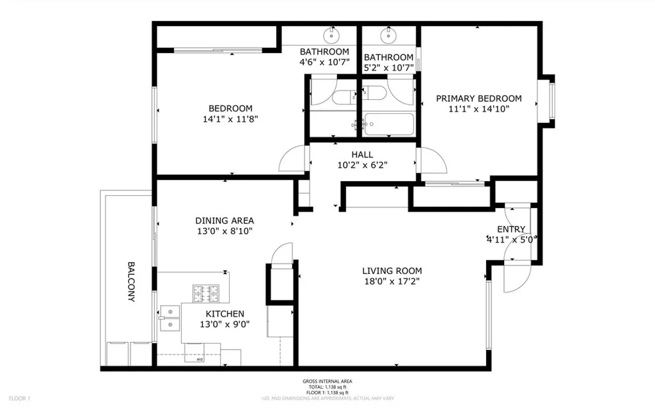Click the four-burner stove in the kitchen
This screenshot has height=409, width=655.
coord(206,294)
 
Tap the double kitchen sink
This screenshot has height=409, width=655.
coord(170,318)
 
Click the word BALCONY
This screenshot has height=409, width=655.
coord(131,282)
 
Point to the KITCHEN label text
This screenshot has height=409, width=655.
coord(225,314)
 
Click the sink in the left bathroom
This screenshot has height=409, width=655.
coord(333,33)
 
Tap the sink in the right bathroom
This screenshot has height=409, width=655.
coord(388,33)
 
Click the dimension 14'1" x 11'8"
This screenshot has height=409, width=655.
coord(230,118)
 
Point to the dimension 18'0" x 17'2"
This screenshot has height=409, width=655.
coord(392,281)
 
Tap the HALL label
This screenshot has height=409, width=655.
coord(362,154)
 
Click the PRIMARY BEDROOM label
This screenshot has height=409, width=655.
coord(478,99)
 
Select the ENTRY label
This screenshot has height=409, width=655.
coord(511,229)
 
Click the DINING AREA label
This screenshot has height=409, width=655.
coord(225,220)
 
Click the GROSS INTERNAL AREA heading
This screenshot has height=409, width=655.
coord(327,381)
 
